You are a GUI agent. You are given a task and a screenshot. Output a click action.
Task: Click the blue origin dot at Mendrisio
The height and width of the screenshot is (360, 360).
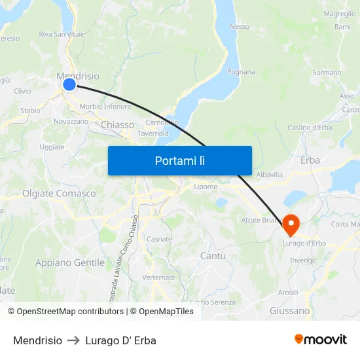click(x=69, y=84)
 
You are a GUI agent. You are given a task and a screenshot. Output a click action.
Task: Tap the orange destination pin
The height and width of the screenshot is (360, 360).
click(x=291, y=225)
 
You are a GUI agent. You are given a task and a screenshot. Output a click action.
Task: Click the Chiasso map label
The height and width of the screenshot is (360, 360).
click(x=118, y=124)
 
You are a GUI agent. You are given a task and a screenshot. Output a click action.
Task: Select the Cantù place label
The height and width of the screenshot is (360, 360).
click(x=213, y=255)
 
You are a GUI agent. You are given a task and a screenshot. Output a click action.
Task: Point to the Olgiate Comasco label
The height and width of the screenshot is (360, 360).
click(x=59, y=194)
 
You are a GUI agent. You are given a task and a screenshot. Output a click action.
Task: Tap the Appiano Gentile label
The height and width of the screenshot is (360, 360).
click(x=69, y=262)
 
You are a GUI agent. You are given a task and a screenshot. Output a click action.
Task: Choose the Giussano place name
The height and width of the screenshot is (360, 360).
click(x=289, y=311)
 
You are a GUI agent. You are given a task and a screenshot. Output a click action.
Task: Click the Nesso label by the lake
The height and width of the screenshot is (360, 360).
click(x=240, y=27)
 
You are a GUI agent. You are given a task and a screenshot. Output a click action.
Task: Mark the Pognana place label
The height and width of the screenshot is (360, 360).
click(x=241, y=72)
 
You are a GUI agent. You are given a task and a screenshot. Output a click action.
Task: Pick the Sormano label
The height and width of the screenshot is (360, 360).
click(x=327, y=73)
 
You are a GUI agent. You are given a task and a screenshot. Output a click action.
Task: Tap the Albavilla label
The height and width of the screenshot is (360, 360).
click(x=269, y=175)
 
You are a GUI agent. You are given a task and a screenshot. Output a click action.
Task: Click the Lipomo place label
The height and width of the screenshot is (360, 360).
click(x=205, y=187)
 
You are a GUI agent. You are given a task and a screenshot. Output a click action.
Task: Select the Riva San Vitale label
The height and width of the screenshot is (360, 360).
click(x=62, y=34)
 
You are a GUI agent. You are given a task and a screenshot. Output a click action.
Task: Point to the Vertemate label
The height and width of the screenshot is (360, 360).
click(x=158, y=278)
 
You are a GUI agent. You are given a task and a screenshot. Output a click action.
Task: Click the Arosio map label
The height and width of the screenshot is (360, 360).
click(x=288, y=293)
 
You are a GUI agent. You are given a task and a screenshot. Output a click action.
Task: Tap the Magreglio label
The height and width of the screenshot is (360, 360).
click(x=339, y=14)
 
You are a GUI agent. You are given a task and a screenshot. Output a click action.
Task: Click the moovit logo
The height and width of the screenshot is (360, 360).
click(x=320, y=340)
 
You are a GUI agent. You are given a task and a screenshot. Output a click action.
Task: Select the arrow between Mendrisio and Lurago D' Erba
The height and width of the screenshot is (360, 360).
click(x=73, y=340)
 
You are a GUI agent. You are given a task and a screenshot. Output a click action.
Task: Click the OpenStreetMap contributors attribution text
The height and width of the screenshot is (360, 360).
click(x=65, y=312)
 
